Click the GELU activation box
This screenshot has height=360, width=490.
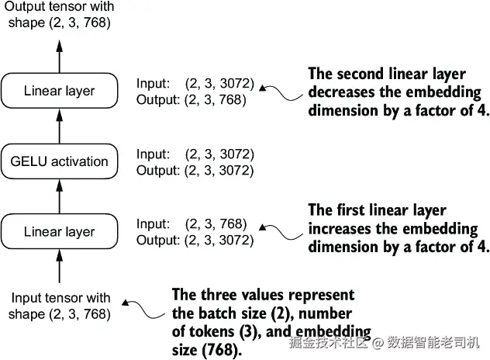coord(60,161)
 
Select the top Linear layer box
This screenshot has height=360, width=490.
coord(60,91)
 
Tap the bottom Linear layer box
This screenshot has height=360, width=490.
coord(60,231)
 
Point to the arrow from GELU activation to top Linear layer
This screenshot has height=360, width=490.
coord(60,126)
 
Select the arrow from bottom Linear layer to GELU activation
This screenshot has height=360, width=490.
coord(60,196)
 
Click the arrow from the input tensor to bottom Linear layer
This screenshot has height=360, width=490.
coord(60,266)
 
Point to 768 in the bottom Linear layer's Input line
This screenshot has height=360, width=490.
coord(231,223)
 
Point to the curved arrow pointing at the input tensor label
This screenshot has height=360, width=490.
coord(143,309)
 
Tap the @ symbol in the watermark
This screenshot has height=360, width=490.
coord(378,343)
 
